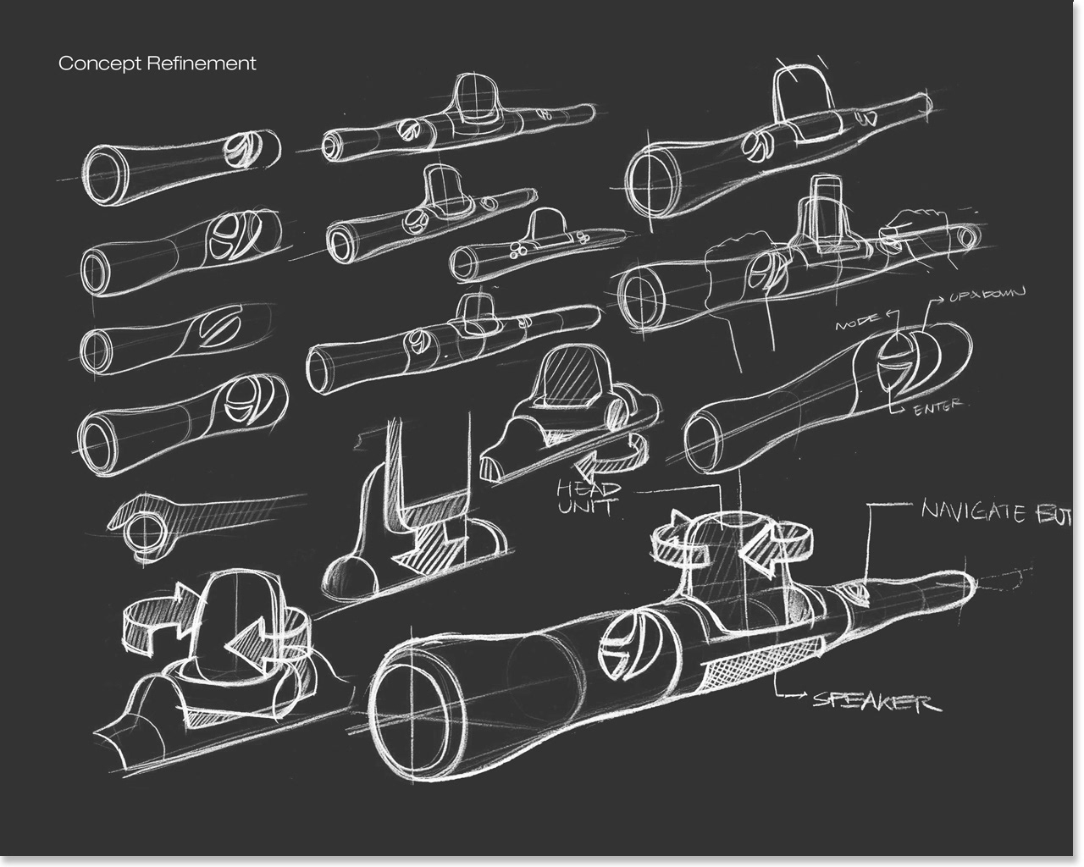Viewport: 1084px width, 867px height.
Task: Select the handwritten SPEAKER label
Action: click(x=876, y=702)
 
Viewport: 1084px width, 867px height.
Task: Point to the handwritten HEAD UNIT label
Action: click(x=589, y=499)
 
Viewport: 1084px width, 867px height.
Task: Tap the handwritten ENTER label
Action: click(x=938, y=406)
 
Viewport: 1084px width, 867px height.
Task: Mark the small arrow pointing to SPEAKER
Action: click(x=798, y=696)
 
